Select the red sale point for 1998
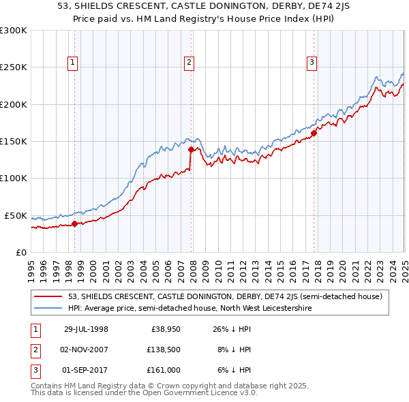click(x=75, y=223)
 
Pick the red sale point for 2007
click(x=191, y=149)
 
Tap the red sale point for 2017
click(x=314, y=134)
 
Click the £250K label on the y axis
click(x=14, y=67)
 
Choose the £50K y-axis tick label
click(x=16, y=215)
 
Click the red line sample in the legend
click(x=49, y=296)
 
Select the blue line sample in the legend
click(x=49, y=308)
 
